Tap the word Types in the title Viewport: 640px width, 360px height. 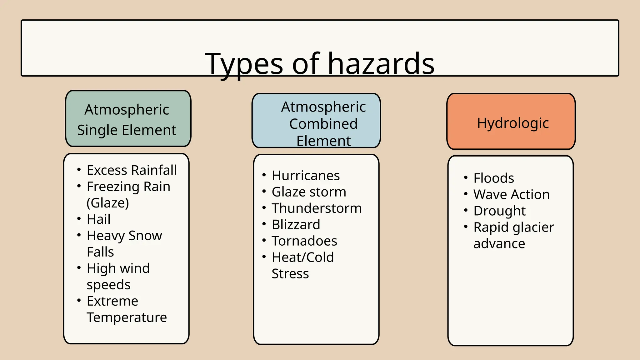(x=244, y=64)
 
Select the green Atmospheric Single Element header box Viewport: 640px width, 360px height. (x=128, y=119)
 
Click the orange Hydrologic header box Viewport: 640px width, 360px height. (x=511, y=122)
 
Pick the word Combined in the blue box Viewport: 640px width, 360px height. (x=323, y=124)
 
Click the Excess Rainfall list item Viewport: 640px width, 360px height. (x=132, y=170)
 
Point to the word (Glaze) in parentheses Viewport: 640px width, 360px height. (x=107, y=203)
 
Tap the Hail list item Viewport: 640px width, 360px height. (x=98, y=219)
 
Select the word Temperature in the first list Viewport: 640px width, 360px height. (x=127, y=317)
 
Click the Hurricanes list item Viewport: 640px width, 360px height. (x=306, y=176)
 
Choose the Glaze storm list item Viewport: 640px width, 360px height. (x=309, y=192)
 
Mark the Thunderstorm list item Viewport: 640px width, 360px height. (x=316, y=208)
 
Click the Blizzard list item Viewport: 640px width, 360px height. (x=296, y=225)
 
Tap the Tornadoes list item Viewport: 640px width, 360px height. (x=304, y=241)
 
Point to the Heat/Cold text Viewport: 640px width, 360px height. (x=302, y=257)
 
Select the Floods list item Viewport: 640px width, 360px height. (x=493, y=178)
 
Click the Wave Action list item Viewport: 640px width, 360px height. (x=511, y=195)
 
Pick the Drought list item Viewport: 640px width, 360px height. (x=499, y=211)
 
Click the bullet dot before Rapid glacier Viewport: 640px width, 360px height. (x=466, y=226)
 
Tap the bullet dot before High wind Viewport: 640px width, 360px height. (x=79, y=267)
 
